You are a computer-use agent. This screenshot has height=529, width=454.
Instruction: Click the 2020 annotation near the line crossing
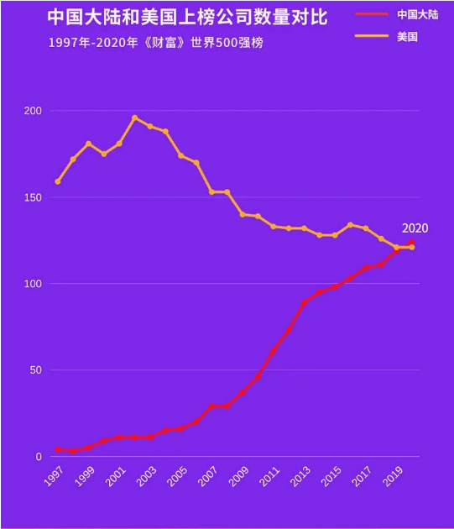(x=415, y=228)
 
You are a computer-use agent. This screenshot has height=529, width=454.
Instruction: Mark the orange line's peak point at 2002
(x=134, y=118)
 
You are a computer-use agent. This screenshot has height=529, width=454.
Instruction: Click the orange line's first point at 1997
(x=58, y=181)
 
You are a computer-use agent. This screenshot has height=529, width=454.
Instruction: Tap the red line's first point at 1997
(x=58, y=450)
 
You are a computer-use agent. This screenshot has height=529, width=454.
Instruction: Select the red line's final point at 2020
(x=411, y=243)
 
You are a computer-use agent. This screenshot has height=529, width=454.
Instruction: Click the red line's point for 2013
(x=304, y=302)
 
